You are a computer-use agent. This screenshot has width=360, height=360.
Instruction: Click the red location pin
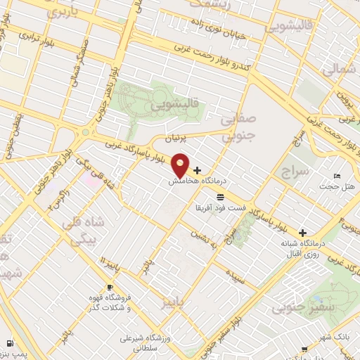(181, 165)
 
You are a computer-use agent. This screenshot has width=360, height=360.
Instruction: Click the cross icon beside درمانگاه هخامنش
(198, 170)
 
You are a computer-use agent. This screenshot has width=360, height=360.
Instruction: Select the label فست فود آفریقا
(220, 208)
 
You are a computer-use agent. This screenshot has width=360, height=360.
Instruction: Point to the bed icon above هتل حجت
(338, 176)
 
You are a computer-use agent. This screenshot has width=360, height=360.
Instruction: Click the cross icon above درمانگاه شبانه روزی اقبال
(303, 233)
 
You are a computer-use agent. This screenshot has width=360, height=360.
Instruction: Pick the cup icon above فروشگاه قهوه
(110, 288)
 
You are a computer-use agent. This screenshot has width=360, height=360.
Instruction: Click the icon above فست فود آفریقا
(220, 196)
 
